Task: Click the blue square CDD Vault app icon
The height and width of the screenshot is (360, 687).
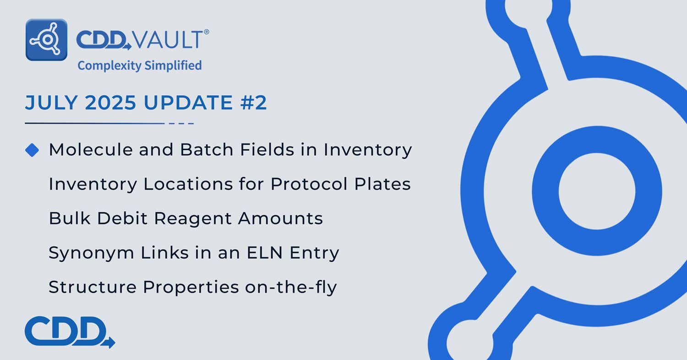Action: pos(47,40)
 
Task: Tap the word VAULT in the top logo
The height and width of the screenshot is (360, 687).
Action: pos(168,39)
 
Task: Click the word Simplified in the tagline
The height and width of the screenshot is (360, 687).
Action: pos(173,65)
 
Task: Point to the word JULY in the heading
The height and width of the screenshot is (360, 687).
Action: pos(51,103)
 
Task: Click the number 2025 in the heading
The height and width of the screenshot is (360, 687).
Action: pos(110,103)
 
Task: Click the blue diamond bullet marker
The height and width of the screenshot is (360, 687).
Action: pos(32,150)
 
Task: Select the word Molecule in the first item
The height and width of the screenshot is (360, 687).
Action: pos(91,150)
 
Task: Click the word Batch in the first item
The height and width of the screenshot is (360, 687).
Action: pos(207,150)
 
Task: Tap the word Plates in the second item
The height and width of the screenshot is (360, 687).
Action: pos(382,184)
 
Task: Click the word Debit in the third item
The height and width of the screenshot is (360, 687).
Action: pos(122,218)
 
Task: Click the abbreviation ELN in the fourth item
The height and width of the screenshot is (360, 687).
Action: pos(264,253)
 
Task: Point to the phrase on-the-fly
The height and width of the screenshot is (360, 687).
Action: pos(291,288)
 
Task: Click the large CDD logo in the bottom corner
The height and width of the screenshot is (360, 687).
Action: pos(70,332)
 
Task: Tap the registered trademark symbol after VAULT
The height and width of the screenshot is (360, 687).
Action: pos(207,32)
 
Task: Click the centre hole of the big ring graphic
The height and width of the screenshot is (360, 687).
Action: pos(597,191)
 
